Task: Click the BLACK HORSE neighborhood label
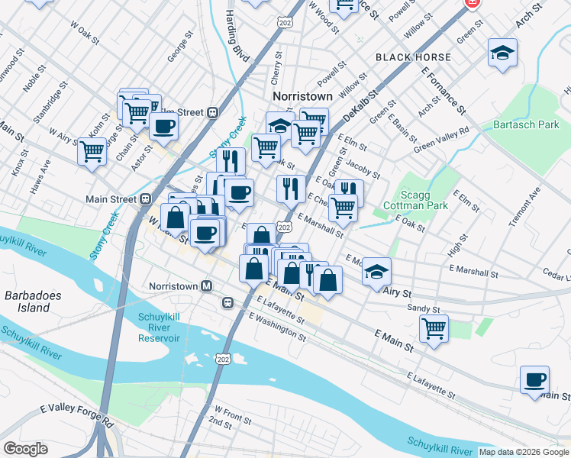(x=413, y=57)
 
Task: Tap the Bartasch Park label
(x=526, y=124)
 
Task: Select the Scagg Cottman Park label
(x=427, y=200)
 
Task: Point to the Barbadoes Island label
(x=27, y=302)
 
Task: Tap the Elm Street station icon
(x=213, y=112)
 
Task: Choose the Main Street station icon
(x=145, y=199)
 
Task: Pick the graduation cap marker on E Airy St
(x=376, y=271)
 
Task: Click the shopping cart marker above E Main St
(x=434, y=329)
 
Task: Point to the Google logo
(x=26, y=449)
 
